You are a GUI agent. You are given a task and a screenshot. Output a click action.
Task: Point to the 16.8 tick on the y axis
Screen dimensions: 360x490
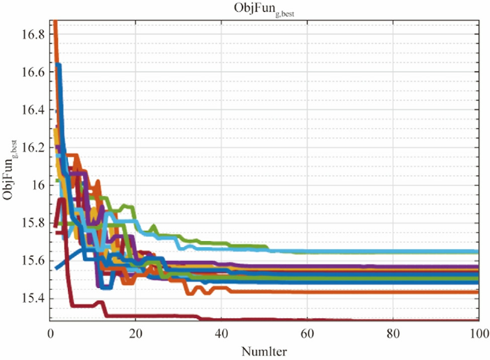(34, 35)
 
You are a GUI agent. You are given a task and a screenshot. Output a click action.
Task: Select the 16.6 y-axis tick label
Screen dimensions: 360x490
(34, 72)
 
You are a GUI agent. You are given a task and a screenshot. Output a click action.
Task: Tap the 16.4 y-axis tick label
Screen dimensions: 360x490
(34, 110)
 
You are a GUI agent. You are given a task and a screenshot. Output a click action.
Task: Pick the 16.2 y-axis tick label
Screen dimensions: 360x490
(34, 148)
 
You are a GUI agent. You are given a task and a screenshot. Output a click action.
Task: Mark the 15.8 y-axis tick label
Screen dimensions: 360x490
(34, 223)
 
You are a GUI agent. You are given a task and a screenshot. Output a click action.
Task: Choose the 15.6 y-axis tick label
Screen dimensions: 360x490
(34, 261)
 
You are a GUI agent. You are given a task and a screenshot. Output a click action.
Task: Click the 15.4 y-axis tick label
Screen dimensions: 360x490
(34, 298)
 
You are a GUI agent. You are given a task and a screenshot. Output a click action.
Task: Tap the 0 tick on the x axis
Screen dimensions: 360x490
(50, 332)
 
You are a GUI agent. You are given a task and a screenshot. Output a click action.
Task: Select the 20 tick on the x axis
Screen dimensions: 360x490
(136, 332)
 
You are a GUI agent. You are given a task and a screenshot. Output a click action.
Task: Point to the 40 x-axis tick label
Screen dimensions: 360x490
(221, 332)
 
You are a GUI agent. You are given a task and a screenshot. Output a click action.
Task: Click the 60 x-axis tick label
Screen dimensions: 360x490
(307, 332)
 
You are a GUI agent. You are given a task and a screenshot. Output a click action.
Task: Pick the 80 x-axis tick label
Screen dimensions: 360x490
(392, 332)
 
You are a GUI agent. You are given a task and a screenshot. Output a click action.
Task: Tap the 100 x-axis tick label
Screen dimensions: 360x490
(476, 332)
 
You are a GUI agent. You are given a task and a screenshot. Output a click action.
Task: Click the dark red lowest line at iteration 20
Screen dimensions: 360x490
(136, 316)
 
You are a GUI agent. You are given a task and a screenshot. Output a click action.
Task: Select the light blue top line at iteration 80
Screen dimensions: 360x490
(392, 252)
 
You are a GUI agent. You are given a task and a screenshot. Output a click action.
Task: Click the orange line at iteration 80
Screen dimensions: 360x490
(392, 292)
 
